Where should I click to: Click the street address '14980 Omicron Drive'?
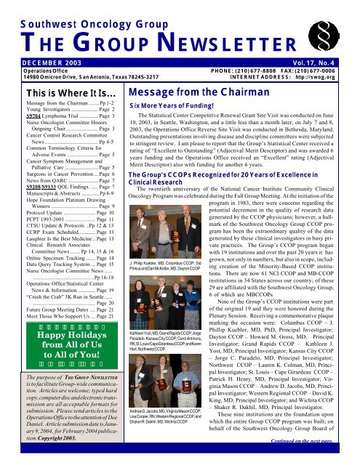29,79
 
